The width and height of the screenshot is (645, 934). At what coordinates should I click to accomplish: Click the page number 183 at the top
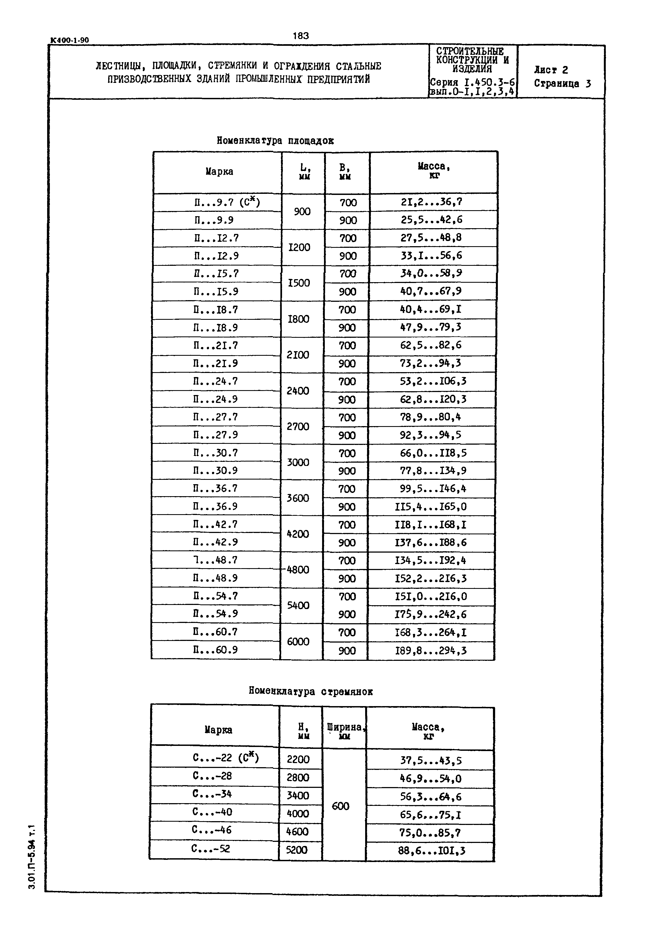click(x=300, y=36)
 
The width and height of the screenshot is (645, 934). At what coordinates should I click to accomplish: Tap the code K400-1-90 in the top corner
click(x=69, y=40)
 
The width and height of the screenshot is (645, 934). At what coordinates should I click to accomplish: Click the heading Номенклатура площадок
click(x=275, y=140)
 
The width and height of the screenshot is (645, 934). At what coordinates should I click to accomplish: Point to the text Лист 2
click(x=551, y=70)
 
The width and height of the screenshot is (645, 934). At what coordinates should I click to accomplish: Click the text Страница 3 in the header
click(x=562, y=84)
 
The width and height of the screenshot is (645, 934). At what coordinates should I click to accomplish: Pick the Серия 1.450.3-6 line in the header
click(x=472, y=83)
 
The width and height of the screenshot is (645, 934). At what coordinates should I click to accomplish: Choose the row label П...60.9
click(x=215, y=649)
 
